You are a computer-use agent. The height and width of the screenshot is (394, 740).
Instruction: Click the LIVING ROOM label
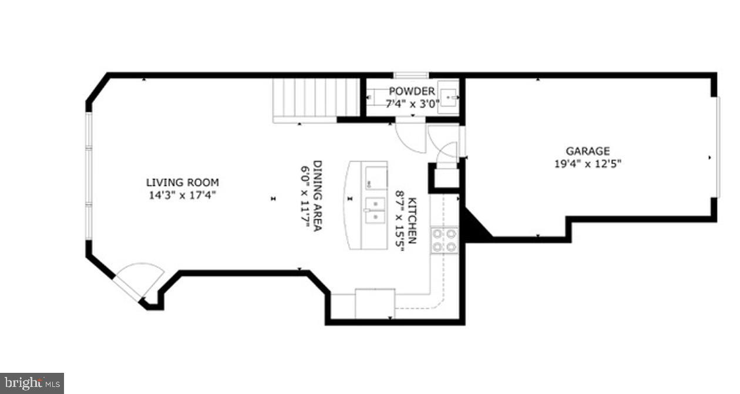pyautogui.click(x=182, y=183)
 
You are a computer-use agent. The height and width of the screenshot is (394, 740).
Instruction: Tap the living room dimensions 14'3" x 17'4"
pyautogui.click(x=182, y=195)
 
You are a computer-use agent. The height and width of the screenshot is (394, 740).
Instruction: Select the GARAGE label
pyautogui.click(x=587, y=151)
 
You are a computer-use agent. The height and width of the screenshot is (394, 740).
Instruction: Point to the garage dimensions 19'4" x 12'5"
pyautogui.click(x=587, y=163)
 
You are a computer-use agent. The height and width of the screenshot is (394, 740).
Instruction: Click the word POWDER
pyautogui.click(x=412, y=92)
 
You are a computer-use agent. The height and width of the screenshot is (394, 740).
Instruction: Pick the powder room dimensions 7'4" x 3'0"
pyautogui.click(x=411, y=103)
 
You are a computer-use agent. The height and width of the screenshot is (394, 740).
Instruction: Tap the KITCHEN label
pyautogui.click(x=412, y=221)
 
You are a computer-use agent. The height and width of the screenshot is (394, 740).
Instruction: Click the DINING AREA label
pyautogui.click(x=317, y=196)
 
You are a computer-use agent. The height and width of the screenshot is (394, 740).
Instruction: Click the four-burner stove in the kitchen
pyautogui.click(x=445, y=241)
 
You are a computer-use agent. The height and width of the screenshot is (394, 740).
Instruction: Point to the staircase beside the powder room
pyautogui.click(x=316, y=98)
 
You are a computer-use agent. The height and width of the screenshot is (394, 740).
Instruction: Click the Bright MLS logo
pyautogui.click(x=32, y=383)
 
